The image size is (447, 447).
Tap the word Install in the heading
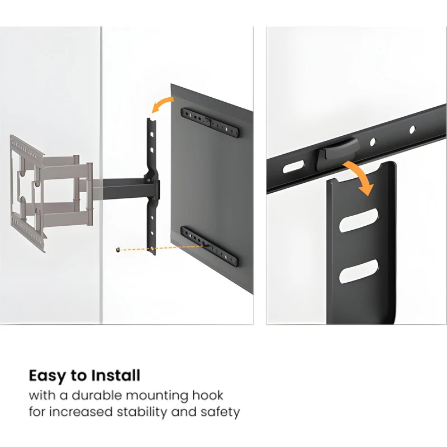pyautogui.click(x=116, y=375)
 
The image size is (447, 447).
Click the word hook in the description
pyautogui.click(x=207, y=396)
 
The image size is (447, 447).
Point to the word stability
pyautogui.click(x=142, y=412)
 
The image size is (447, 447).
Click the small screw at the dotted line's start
pyautogui.click(x=117, y=250)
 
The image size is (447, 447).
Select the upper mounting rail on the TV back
pyautogui.click(x=210, y=123)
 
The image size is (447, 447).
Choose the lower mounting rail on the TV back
pyautogui.click(x=209, y=247)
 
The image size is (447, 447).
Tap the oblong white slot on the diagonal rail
pyautogui.click(x=294, y=167)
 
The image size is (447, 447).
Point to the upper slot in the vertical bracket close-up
pyautogui.click(x=359, y=220)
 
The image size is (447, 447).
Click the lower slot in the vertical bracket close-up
pyautogui.click(x=359, y=271)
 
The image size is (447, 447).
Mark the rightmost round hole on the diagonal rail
pyautogui.click(x=412, y=130)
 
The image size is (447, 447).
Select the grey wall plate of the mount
pyautogui.click(x=27, y=194)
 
